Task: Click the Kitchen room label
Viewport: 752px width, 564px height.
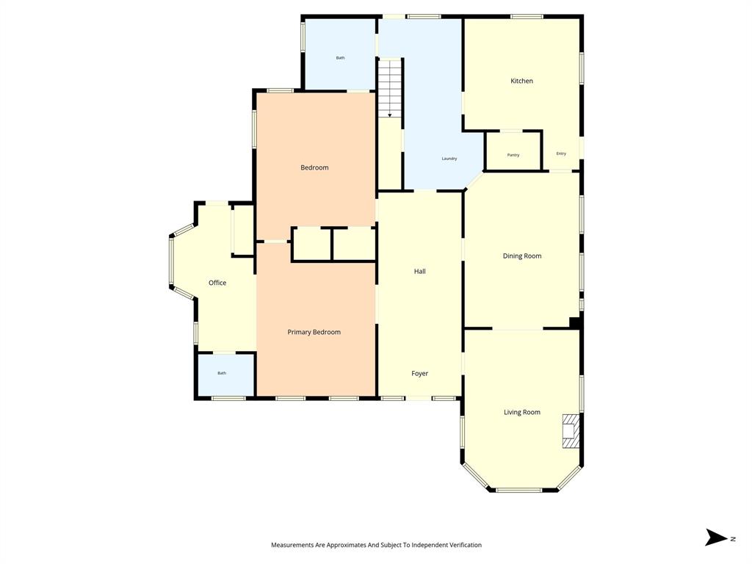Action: [x=521, y=81]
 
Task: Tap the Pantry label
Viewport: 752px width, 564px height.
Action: [x=513, y=155]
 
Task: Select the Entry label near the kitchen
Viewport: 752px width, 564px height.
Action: [x=561, y=153]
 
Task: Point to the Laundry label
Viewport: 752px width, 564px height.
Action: [x=449, y=159]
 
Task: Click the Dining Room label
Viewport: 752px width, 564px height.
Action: [x=522, y=256]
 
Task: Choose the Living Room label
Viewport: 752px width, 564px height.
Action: [x=522, y=413]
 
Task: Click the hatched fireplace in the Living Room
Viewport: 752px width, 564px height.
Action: [x=571, y=431]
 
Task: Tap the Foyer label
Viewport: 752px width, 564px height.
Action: [x=419, y=374]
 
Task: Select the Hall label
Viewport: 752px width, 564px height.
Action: [x=419, y=272]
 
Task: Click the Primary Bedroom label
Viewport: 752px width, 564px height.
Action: [x=314, y=333]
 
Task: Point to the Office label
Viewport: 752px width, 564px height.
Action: [x=217, y=283]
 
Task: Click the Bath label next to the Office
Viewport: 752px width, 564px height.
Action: [x=222, y=373]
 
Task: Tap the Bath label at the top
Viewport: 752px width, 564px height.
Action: [x=340, y=57]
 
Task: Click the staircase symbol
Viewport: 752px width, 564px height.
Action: [x=390, y=88]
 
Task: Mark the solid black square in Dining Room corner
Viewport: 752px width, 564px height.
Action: [x=576, y=322]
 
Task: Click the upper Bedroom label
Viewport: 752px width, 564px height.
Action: [x=314, y=168]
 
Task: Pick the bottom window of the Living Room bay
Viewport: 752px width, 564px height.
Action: [x=519, y=490]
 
